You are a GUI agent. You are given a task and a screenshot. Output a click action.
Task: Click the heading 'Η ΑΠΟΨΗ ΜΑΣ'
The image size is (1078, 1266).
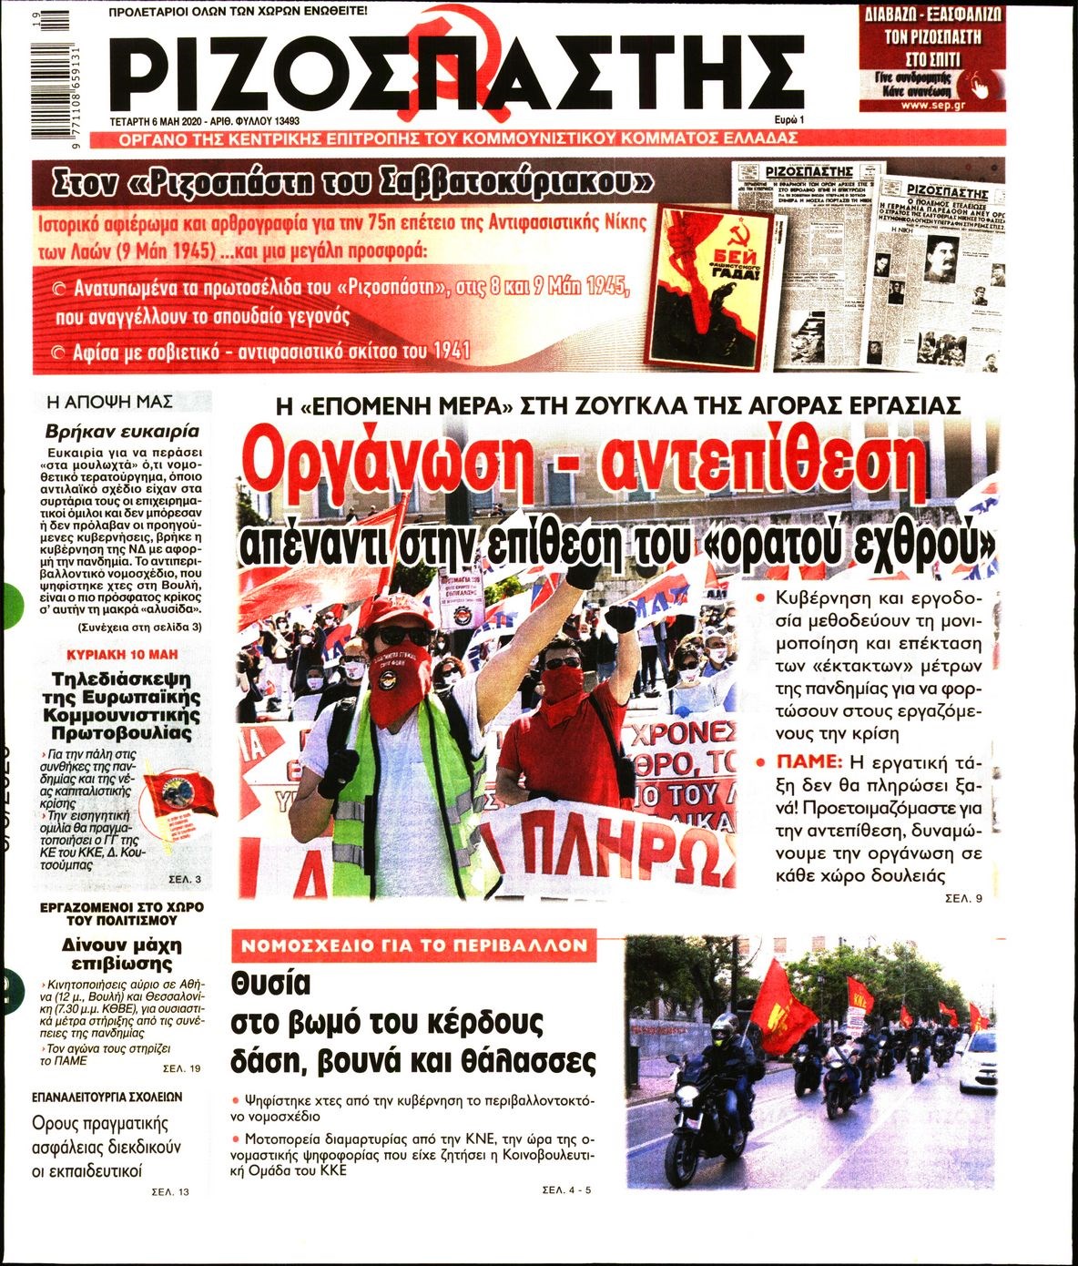[x=109, y=402]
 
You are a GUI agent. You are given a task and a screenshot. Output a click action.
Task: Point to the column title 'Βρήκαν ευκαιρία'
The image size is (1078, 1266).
[x=122, y=431]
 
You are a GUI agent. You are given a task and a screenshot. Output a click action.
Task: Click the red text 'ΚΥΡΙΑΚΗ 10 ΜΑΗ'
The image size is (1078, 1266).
[x=122, y=654]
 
